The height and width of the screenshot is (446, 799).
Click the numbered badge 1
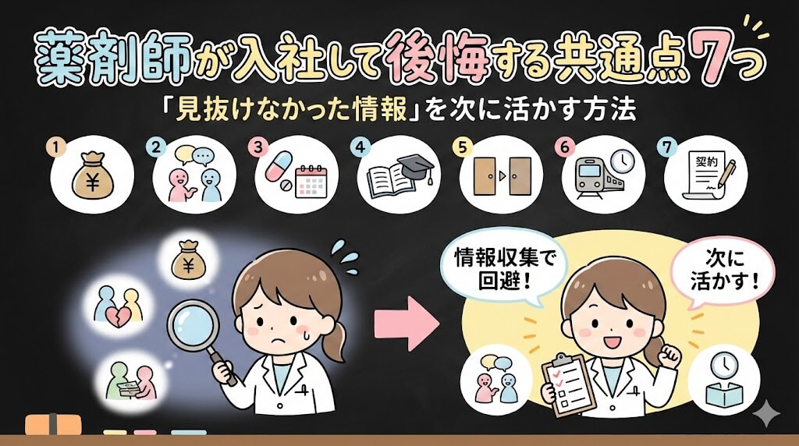(x=55, y=147)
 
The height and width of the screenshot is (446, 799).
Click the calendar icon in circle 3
(x=311, y=181)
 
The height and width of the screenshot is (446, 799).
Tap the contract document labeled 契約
(x=705, y=175)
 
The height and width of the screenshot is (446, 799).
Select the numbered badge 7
(x=666, y=147)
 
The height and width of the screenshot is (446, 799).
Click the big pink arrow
(x=407, y=324)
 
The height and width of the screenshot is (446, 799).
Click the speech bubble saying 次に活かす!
(x=723, y=271)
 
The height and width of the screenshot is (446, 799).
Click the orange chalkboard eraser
(x=54, y=425)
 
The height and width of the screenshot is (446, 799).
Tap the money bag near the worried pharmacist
(x=187, y=260)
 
